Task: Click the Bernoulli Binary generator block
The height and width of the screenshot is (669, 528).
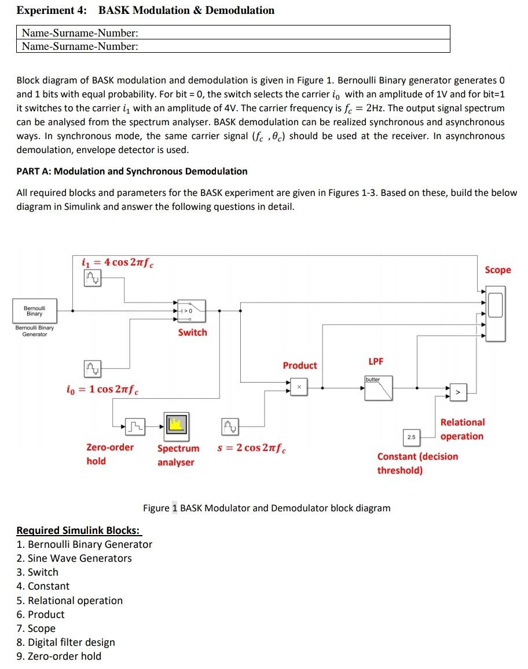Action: coord(34,310)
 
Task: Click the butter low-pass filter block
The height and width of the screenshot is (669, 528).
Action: coord(378,388)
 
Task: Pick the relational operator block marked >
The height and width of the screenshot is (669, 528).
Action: coord(458,393)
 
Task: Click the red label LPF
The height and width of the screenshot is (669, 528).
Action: coord(376,361)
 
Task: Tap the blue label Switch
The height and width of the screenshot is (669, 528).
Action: coord(192,332)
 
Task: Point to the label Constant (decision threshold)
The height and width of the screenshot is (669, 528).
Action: coord(417,463)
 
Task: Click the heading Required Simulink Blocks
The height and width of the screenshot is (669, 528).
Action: coord(78,530)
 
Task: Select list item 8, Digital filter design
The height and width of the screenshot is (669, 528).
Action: coord(65,642)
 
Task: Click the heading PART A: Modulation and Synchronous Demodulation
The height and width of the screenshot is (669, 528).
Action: coord(131,171)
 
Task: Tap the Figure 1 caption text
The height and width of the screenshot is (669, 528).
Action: coord(266,508)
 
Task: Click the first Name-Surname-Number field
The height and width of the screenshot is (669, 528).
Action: coord(233,32)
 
